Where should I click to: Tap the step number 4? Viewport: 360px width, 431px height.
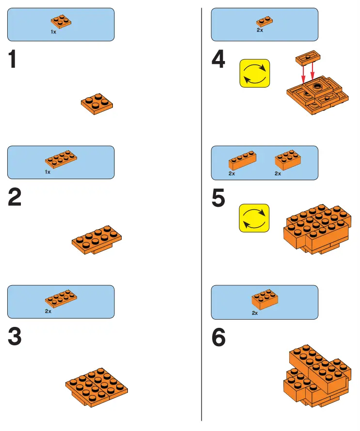tap(219, 60)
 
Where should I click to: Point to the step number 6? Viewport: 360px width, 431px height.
tap(219, 338)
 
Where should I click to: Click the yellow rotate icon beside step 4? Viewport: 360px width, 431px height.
tap(255, 74)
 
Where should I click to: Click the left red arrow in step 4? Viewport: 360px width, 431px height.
tap(303, 74)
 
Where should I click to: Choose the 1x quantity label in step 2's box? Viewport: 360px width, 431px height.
tap(47, 172)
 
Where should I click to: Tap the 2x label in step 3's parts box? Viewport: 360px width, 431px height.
tap(48, 311)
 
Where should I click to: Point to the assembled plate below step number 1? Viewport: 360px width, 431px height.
tap(97, 103)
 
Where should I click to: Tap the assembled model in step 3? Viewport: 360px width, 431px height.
tap(96, 385)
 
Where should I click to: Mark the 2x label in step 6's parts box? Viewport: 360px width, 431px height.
tap(255, 313)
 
